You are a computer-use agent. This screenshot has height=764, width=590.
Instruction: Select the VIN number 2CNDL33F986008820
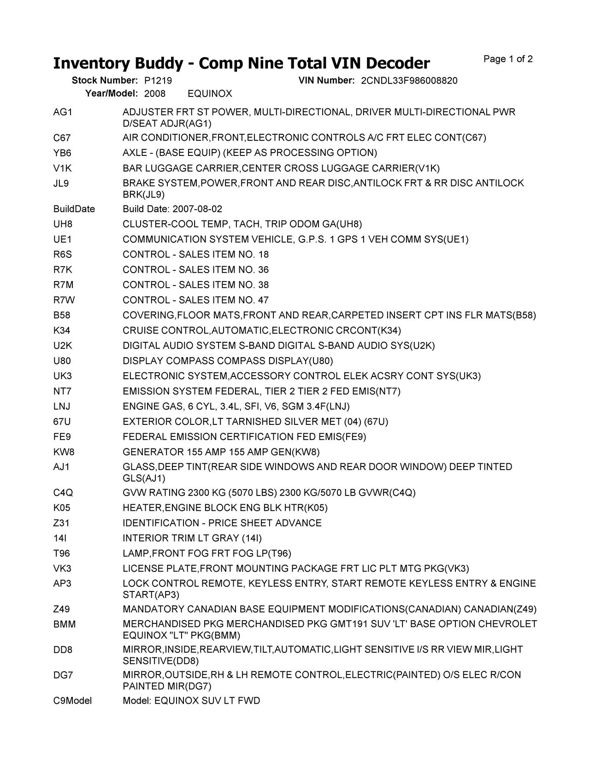pyautogui.click(x=409, y=81)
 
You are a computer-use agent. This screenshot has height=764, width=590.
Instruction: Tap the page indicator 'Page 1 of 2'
pyautogui.click(x=508, y=59)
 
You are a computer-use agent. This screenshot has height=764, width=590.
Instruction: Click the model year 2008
pyautogui.click(x=154, y=94)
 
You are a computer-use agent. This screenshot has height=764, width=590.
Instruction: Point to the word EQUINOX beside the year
pyautogui.click(x=210, y=94)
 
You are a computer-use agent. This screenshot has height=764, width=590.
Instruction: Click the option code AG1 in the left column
pyautogui.click(x=63, y=112)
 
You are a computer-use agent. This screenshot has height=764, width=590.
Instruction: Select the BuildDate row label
pyautogui.click(x=74, y=209)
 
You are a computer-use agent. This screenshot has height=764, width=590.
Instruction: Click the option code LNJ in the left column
pyautogui.click(x=62, y=406)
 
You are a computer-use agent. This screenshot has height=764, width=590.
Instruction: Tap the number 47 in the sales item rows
pyautogui.click(x=263, y=300)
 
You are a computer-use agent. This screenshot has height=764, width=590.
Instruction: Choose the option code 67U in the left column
pyautogui.click(x=62, y=422)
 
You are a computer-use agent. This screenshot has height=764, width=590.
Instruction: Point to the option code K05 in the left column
pyautogui.click(x=62, y=508)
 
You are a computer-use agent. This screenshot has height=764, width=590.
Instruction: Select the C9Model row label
pyautogui.click(x=72, y=701)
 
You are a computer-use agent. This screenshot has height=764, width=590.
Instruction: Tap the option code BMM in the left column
pyautogui.click(x=64, y=625)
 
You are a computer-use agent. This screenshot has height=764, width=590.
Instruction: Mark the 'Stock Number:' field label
pyautogui.click(x=105, y=81)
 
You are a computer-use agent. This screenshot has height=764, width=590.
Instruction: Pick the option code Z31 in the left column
pyautogui.click(x=61, y=523)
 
